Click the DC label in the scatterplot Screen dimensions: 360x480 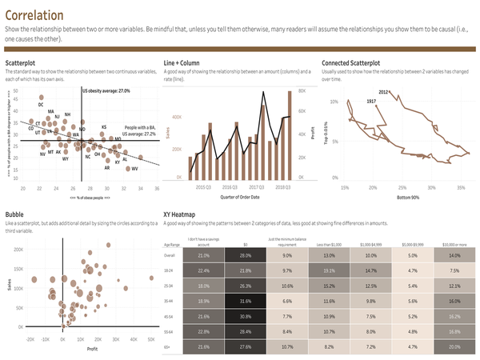pos(41,104)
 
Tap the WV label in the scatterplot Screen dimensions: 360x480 pos(134,169)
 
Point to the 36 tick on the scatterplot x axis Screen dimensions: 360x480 pos(157,188)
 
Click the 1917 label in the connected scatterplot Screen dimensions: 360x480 pos(371,102)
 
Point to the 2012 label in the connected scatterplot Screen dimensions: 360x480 pos(383,93)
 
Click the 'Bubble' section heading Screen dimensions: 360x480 pos(14,214)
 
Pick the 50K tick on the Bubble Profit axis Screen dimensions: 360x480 pos(151,340)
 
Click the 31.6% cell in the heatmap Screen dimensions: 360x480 pos(245,301)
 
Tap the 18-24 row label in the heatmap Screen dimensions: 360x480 pos(168,270)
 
